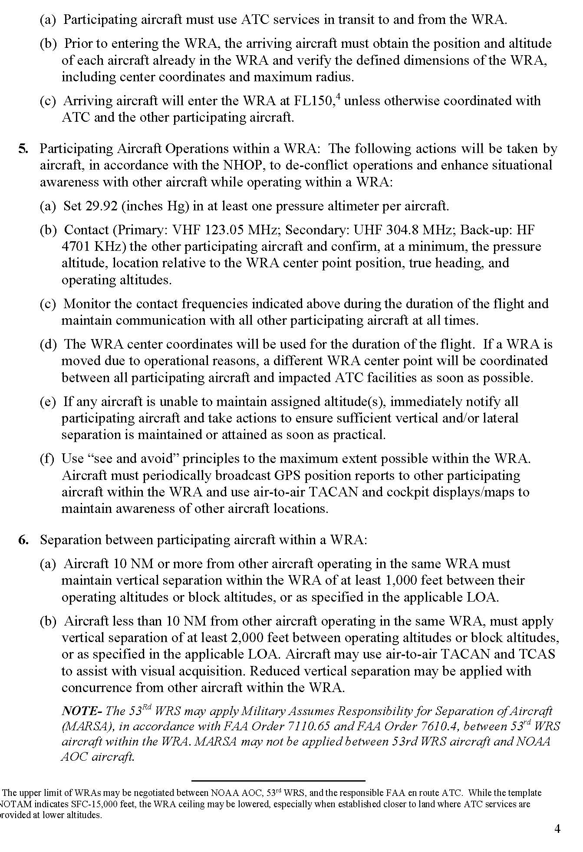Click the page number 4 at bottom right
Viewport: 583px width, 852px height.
[x=557, y=829]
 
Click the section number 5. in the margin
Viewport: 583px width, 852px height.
[x=23, y=149]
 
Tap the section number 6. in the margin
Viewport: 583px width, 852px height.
[x=23, y=540]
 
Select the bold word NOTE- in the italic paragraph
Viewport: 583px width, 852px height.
[x=81, y=711]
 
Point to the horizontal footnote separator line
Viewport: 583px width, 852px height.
[x=278, y=781]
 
